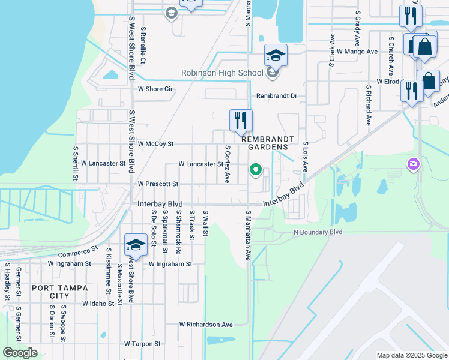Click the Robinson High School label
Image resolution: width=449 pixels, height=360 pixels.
click(223, 73)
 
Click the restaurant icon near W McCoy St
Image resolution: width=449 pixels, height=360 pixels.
click(241, 120)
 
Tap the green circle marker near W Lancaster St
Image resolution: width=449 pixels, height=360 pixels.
click(256, 170)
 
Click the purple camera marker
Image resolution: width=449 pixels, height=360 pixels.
click(414, 163)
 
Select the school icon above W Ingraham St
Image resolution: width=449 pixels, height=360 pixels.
click(136, 245)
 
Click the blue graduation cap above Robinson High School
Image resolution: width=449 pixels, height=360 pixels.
click(276, 55)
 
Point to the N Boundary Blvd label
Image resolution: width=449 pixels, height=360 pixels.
click(317, 232)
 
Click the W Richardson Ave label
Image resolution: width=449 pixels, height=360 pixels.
click(206, 325)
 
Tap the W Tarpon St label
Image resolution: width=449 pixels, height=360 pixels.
click(142, 344)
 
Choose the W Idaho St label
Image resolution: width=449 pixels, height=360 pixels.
click(98, 304)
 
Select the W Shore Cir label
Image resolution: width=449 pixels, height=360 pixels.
click(155, 89)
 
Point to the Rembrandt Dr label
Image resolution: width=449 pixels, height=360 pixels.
click(277, 96)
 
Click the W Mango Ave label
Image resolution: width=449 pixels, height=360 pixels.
click(357, 52)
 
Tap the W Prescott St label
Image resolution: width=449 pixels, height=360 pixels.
click(158, 184)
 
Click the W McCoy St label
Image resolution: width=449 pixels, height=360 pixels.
click(155, 144)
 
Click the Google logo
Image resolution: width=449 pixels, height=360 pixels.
click(20, 353)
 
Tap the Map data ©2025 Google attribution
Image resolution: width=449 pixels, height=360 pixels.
click(411, 355)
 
